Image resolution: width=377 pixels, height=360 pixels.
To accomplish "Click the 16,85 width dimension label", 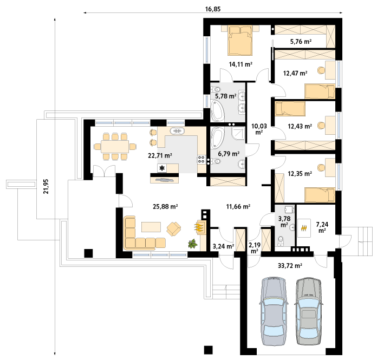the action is click(x=212, y=9).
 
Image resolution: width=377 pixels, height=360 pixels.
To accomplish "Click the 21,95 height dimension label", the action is click(x=45, y=186).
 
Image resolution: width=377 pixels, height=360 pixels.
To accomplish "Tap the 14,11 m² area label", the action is click(x=240, y=64).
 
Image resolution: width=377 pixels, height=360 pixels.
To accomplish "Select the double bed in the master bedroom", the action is click(x=240, y=41).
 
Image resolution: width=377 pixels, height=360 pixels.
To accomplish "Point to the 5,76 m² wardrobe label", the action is click(x=301, y=42).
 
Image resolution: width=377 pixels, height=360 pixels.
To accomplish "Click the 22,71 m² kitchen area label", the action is click(x=160, y=156).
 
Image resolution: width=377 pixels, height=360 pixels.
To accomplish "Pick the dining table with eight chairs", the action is click(x=115, y=146).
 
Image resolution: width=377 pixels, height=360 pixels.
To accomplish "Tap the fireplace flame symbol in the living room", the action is click(x=199, y=227).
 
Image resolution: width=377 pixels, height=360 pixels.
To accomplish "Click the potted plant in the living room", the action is click(x=193, y=244).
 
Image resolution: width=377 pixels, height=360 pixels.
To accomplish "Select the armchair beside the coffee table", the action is click(x=173, y=229).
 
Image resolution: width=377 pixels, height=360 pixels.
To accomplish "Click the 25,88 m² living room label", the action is click(x=165, y=206).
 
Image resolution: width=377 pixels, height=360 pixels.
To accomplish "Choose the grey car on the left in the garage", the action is click(x=274, y=311).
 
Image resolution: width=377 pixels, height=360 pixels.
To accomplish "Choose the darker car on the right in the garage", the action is click(x=309, y=311).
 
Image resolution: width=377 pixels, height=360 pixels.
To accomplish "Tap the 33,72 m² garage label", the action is click(x=290, y=266).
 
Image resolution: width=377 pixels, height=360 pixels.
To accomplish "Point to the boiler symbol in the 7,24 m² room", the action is click(x=304, y=228).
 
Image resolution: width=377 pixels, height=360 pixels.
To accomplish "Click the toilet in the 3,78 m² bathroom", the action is click(x=281, y=241).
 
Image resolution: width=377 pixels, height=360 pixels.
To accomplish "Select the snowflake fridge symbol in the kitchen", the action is click(x=162, y=168).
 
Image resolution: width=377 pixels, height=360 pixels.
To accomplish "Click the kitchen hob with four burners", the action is click(x=201, y=160).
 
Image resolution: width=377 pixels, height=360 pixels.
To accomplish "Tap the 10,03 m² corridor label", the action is click(x=259, y=129).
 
